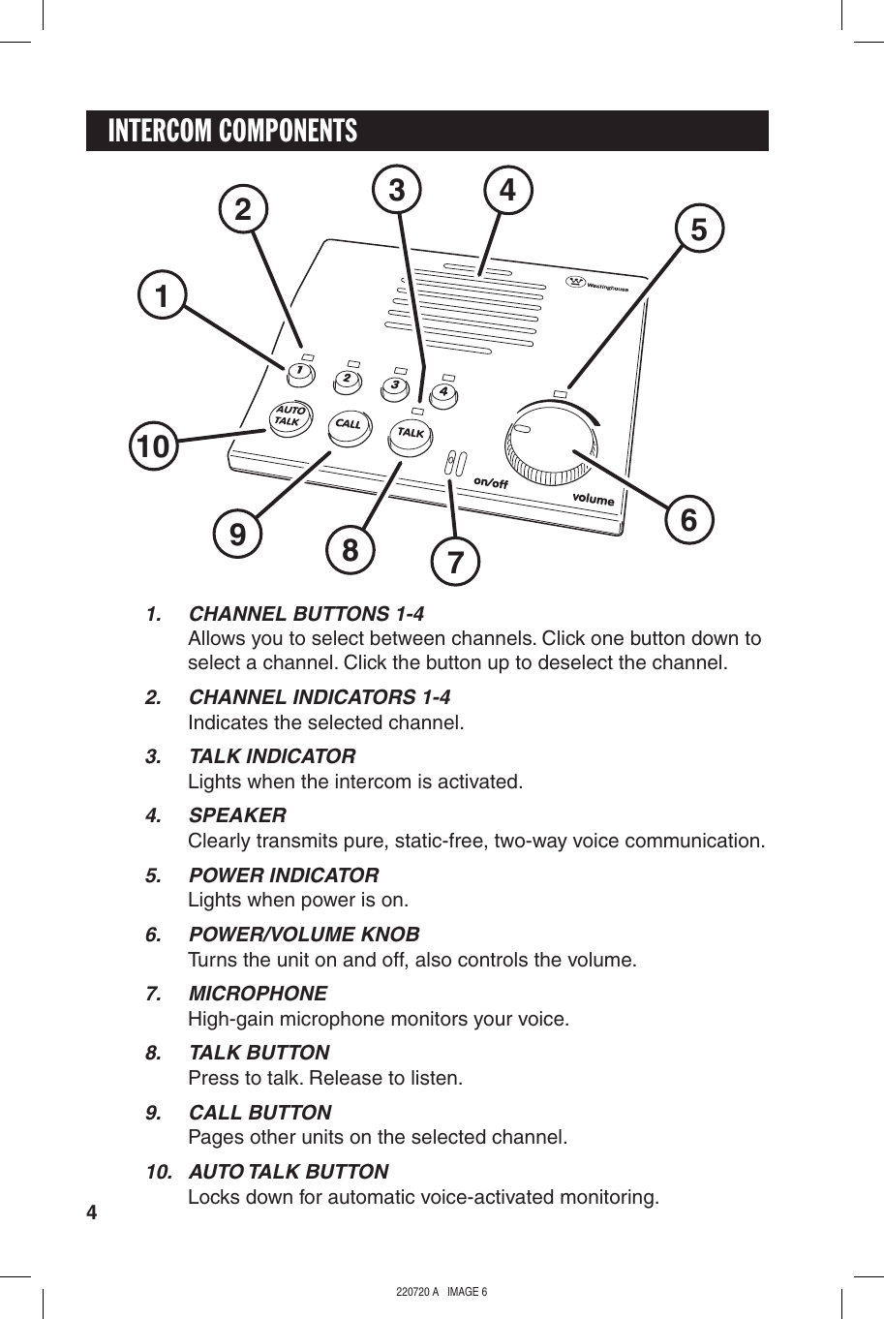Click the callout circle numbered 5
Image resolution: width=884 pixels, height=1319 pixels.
coord(699,230)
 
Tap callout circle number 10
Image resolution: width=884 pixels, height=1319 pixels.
coord(154,446)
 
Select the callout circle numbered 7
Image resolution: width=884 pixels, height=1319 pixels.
coord(456,562)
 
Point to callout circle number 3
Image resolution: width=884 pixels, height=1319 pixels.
coord(397,190)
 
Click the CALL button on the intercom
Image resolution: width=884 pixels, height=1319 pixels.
coord(349,424)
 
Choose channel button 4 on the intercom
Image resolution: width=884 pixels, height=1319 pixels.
coord(442,393)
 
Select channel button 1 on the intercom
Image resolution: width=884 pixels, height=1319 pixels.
coord(300,371)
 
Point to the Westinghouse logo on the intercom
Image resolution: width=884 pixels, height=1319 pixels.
coord(597,285)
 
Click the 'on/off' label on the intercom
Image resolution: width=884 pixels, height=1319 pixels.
coord(491,481)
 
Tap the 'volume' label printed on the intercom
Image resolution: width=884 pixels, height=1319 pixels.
coord(593,499)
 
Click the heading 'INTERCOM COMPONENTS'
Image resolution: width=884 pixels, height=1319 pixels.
coord(232,131)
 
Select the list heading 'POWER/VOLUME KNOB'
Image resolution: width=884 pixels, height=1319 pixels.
coord(304,935)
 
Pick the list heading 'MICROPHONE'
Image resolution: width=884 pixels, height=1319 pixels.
coord(258,994)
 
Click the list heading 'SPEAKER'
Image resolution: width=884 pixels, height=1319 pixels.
coord(237,815)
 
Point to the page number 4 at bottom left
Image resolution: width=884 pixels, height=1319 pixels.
coord(92,1212)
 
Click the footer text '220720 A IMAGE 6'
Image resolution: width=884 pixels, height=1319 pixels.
coord(442,1292)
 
